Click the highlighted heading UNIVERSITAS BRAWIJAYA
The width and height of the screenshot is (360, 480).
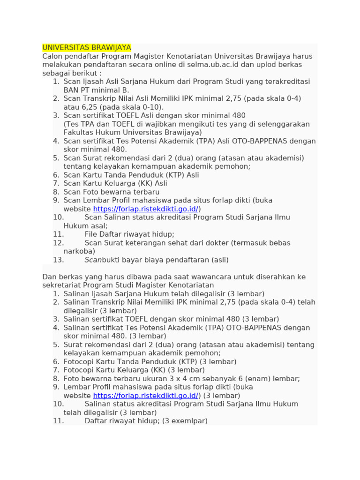click(87, 48)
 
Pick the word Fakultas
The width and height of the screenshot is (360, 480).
click(78, 132)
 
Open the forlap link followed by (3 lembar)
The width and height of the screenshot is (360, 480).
click(146, 395)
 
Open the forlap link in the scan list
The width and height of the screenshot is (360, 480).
click(146, 209)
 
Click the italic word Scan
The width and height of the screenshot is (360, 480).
click(93, 260)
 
